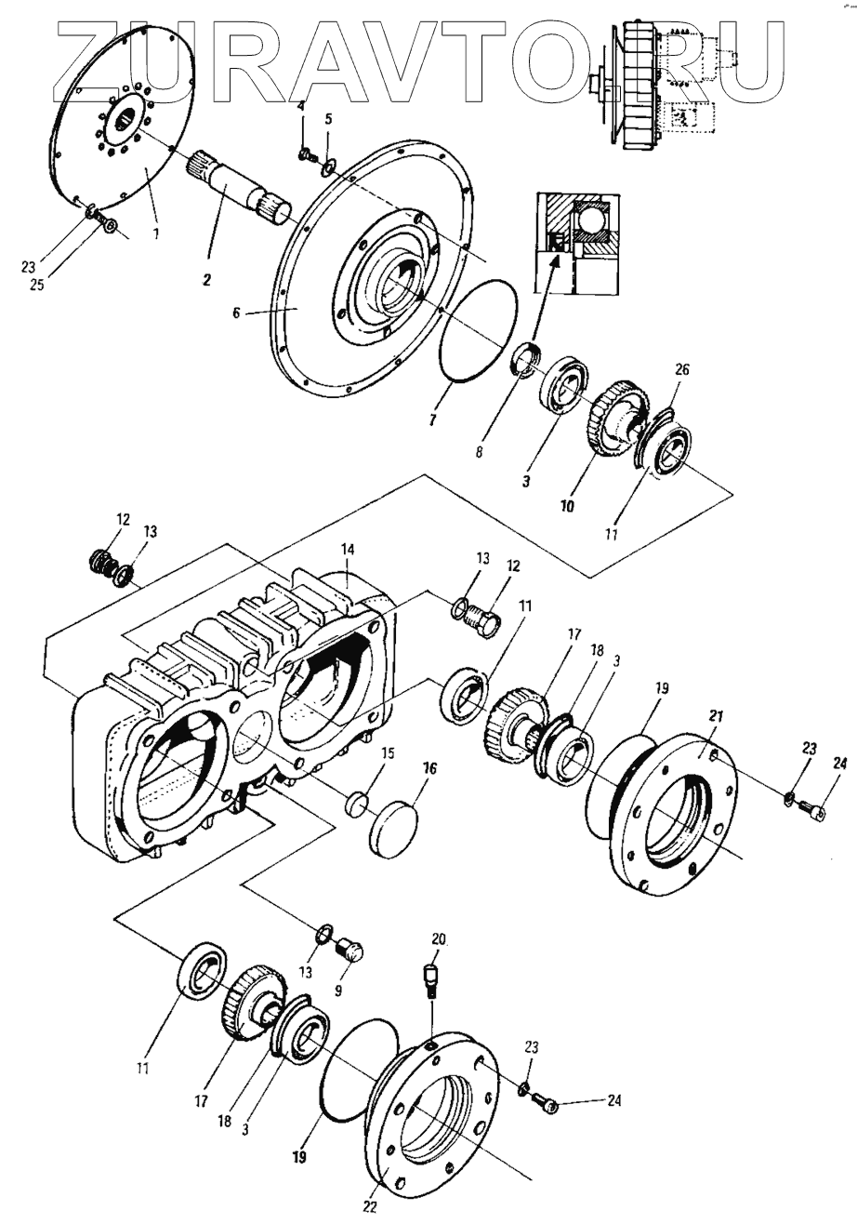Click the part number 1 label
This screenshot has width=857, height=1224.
tap(155, 233)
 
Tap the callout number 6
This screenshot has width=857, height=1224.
tap(236, 313)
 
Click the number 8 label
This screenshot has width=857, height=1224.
tap(479, 452)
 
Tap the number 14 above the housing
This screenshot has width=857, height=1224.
tap(348, 549)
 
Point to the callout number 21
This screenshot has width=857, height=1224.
tap(716, 716)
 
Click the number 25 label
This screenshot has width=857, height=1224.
tap(37, 285)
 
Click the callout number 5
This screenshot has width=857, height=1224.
tap(328, 120)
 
